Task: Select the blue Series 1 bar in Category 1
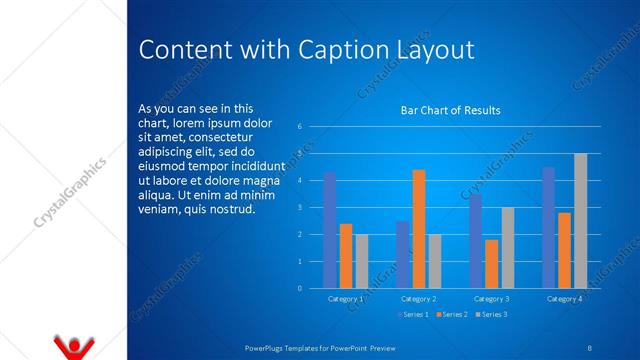tap(329, 230)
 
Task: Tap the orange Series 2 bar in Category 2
tap(418, 229)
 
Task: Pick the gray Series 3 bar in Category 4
tap(580, 221)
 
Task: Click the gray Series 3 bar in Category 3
tap(507, 248)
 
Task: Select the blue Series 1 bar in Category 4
tap(548, 227)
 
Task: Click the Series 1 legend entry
tap(413, 315)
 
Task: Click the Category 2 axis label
tap(418, 299)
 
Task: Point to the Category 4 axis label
tap(564, 299)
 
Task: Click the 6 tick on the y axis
tap(300, 127)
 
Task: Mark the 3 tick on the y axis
tap(300, 208)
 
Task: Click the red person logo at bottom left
tap(73, 347)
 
